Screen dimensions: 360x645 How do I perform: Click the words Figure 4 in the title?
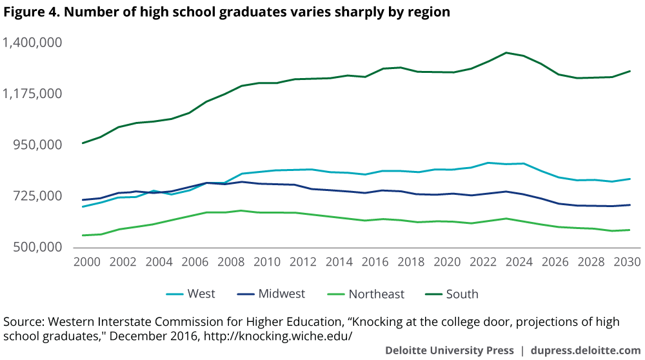pyautogui.click(x=28, y=12)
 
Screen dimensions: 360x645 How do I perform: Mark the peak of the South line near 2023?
pyautogui.click(x=506, y=52)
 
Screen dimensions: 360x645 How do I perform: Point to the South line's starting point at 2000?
pyautogui.click(x=83, y=143)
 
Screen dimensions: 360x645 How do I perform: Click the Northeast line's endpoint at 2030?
pyautogui.click(x=630, y=230)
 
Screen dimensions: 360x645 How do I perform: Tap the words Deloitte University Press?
pyautogui.click(x=450, y=350)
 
